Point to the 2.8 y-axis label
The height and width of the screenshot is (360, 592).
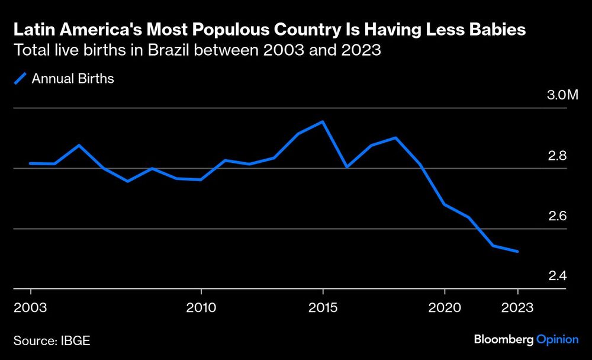click(x=558, y=156)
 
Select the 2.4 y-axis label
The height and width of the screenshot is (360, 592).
click(x=558, y=276)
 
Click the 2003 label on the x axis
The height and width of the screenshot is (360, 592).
click(x=30, y=308)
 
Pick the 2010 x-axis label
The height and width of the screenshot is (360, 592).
click(x=201, y=308)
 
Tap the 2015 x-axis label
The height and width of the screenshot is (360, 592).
click(x=323, y=308)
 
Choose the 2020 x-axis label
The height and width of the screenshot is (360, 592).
click(x=444, y=308)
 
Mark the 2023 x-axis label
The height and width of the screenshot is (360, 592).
click(x=517, y=308)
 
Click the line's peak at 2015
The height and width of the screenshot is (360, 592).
click(x=323, y=122)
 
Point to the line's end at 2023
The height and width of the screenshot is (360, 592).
click(x=518, y=252)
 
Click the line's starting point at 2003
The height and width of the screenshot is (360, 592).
click(x=30, y=163)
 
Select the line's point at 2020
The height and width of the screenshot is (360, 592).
click(x=445, y=204)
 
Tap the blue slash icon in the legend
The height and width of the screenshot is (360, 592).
click(x=20, y=79)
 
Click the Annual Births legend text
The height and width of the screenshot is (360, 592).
click(x=73, y=79)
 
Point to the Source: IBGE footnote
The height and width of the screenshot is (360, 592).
click(x=52, y=340)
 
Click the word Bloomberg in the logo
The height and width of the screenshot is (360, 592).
click(x=504, y=340)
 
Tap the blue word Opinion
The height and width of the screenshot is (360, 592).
click(x=557, y=340)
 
